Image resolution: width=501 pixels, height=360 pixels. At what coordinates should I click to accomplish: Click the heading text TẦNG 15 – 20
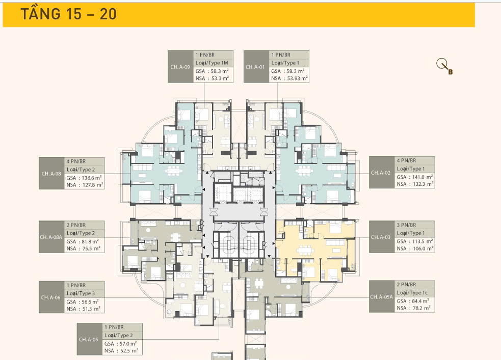point(68,14)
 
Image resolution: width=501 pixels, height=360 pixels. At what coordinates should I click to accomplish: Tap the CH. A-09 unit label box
point(180,67)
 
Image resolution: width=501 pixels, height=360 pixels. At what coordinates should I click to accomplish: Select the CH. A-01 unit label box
point(256,67)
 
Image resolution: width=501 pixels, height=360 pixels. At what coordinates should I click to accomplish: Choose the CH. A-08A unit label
point(51,237)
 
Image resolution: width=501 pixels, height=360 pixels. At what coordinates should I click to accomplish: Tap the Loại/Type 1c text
point(412,293)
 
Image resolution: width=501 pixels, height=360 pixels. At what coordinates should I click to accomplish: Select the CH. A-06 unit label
point(51,297)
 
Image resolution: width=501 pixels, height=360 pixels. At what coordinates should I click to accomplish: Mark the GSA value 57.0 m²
point(128,344)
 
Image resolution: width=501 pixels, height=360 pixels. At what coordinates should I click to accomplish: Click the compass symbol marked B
point(444,67)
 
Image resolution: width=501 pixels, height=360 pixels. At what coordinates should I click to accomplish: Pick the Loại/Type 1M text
point(212,63)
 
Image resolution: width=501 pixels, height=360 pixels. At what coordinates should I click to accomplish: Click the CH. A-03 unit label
point(381,237)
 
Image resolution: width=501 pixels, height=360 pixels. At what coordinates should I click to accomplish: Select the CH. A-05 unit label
point(89,339)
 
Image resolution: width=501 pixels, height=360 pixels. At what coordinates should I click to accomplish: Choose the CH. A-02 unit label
point(381,173)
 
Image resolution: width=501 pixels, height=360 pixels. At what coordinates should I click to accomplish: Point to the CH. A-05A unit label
point(381,297)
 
